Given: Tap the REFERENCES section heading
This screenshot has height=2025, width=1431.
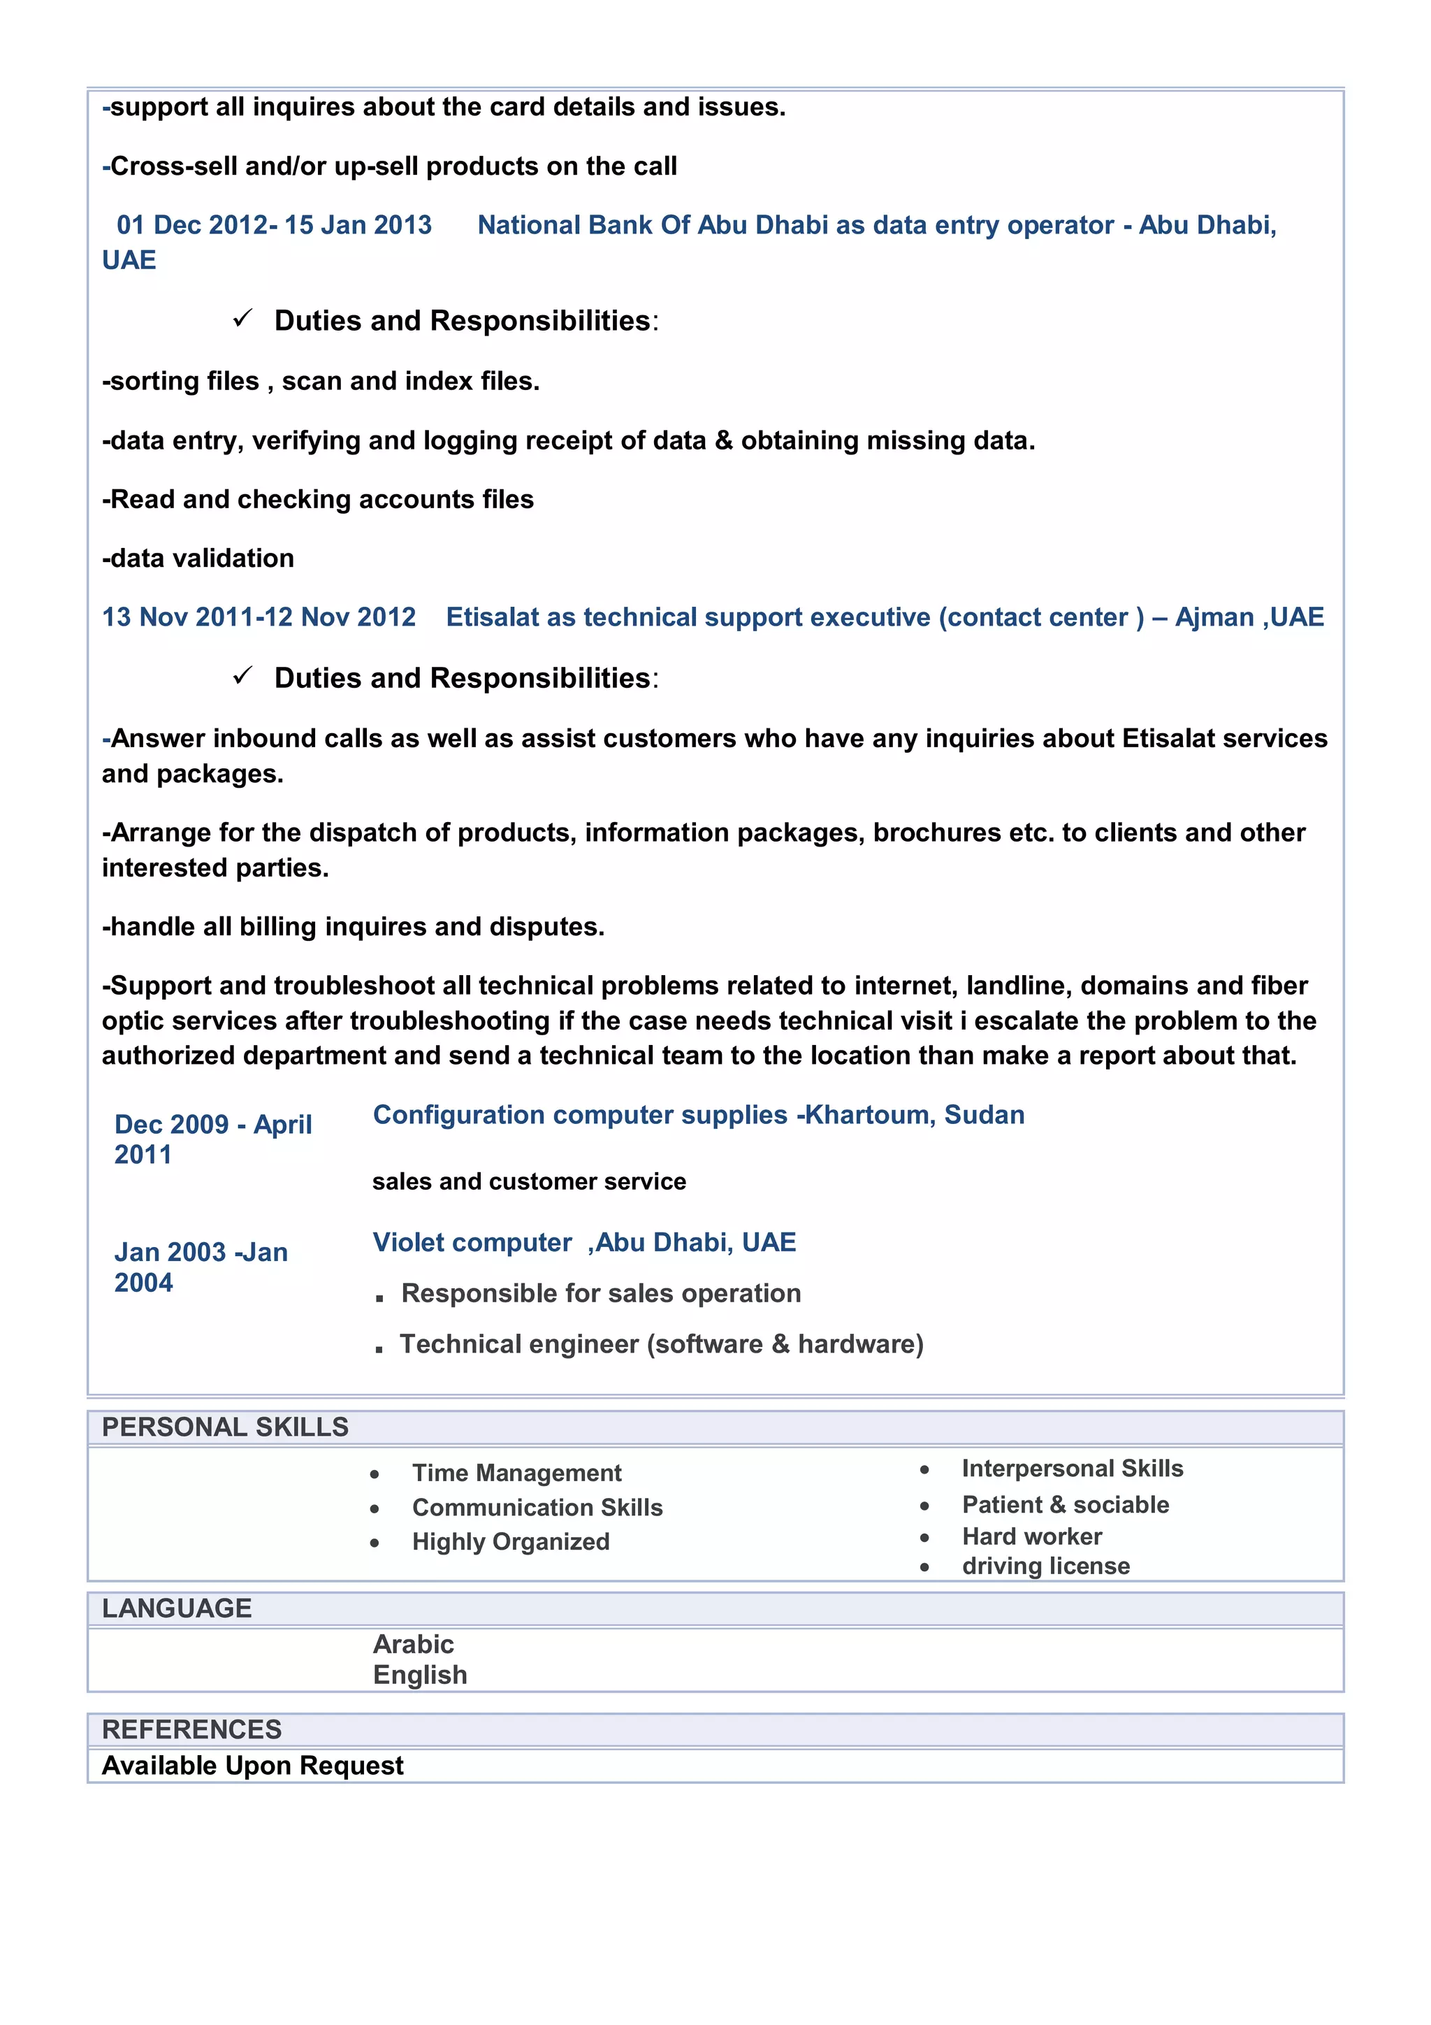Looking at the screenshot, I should (191, 1729).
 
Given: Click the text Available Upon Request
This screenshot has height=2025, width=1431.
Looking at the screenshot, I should (252, 1765).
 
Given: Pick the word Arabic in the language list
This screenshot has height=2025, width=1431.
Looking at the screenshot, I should (413, 1644).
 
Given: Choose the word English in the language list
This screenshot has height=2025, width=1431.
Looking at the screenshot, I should (420, 1674).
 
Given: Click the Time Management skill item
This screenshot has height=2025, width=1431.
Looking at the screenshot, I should (516, 1473).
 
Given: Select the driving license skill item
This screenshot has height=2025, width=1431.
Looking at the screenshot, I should (1046, 1566).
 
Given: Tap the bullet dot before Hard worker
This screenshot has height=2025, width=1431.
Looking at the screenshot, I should (924, 1537).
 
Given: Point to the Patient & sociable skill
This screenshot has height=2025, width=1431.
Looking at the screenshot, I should (1065, 1505).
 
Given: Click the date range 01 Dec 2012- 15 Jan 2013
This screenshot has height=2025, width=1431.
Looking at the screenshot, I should (274, 225).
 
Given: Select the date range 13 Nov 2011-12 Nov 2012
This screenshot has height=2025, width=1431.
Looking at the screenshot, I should (259, 617).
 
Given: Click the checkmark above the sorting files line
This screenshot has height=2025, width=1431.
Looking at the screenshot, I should (242, 318).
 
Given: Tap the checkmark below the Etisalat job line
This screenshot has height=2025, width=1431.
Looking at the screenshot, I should (242, 676).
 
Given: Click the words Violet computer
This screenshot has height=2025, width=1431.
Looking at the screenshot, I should (472, 1242).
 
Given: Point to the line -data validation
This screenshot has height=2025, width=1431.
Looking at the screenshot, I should (198, 559).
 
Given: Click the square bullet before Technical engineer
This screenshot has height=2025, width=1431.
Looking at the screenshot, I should (379, 1348).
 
